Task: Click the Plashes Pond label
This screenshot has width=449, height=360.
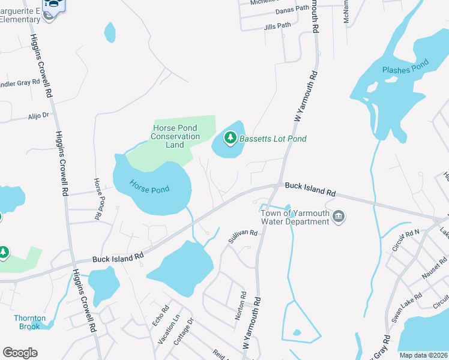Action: tap(405, 69)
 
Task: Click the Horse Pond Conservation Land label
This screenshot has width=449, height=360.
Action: tap(175, 136)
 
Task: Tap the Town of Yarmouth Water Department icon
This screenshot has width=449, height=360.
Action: tap(338, 216)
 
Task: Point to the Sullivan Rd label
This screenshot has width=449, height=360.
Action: tap(242, 236)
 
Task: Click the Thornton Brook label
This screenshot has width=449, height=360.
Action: tap(28, 322)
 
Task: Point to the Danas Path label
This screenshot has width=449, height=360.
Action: tap(292, 11)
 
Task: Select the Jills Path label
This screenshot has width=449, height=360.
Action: tap(277, 26)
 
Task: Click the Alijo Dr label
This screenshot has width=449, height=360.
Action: tap(38, 115)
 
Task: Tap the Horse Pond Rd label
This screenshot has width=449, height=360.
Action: tap(96, 197)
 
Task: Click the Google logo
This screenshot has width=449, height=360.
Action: tap(20, 353)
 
